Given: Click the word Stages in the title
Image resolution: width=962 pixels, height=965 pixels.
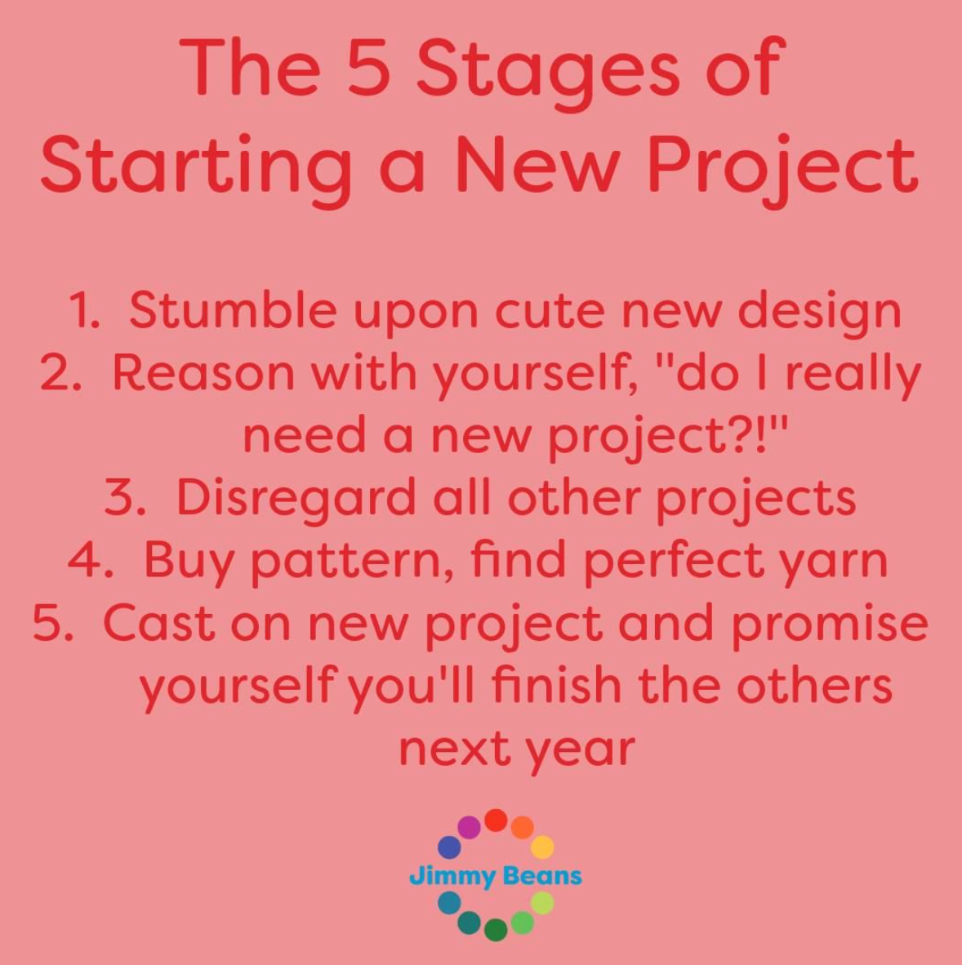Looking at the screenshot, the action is (x=549, y=73).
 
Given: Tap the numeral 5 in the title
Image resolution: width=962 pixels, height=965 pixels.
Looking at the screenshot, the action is (x=370, y=66).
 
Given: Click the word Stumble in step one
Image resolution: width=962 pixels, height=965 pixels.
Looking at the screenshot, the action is (x=233, y=310).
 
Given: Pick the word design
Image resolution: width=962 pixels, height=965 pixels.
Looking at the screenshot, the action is (x=820, y=314).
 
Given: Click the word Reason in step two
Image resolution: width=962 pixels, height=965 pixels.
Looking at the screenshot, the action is (x=203, y=373).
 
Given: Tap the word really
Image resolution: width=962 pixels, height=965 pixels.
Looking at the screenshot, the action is (x=853, y=376).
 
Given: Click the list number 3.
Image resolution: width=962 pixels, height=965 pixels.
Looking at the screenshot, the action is (x=125, y=497).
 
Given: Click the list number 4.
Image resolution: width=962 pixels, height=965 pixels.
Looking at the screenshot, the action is (x=89, y=559).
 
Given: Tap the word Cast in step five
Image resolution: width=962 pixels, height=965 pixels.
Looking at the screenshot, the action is (x=159, y=622).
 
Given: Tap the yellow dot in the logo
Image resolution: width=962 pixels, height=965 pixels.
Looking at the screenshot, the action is (x=542, y=847).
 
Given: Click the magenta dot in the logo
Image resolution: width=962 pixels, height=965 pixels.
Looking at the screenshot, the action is (x=469, y=828).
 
